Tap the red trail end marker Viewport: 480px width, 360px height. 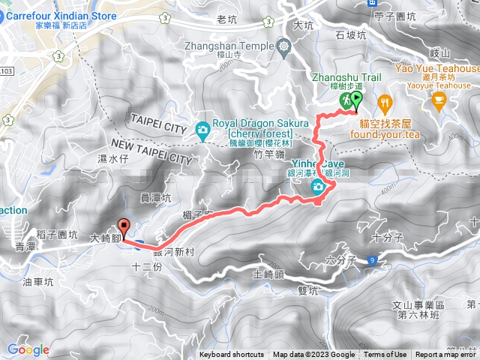123,225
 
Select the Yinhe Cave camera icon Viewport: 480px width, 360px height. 318,186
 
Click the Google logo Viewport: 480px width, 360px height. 28,349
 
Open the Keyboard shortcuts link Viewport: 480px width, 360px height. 232,355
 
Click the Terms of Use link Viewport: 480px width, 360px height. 385,355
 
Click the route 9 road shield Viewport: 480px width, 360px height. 372,260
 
